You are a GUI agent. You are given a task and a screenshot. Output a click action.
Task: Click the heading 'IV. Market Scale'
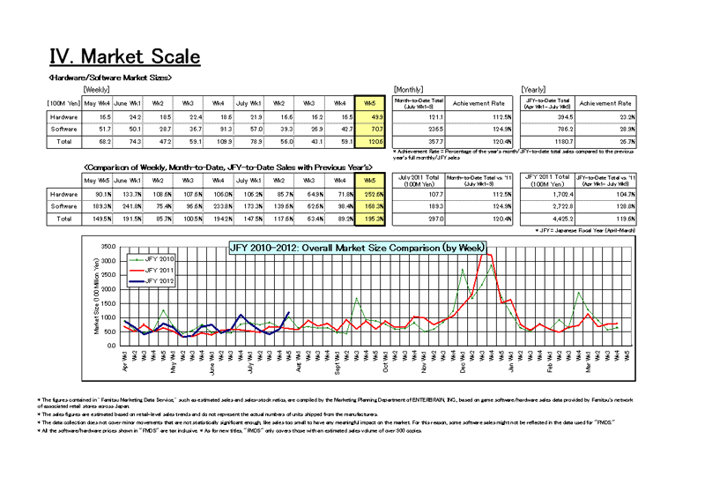(x=124, y=57)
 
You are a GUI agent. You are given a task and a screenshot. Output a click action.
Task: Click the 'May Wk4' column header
(x=97, y=104)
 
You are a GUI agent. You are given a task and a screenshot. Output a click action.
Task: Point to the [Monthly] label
(x=409, y=89)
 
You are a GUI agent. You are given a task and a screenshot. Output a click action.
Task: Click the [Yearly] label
(x=535, y=89)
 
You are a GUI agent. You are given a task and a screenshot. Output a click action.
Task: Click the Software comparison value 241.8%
(x=130, y=205)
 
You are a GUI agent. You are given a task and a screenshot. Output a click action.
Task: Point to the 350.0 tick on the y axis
(x=108, y=246)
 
